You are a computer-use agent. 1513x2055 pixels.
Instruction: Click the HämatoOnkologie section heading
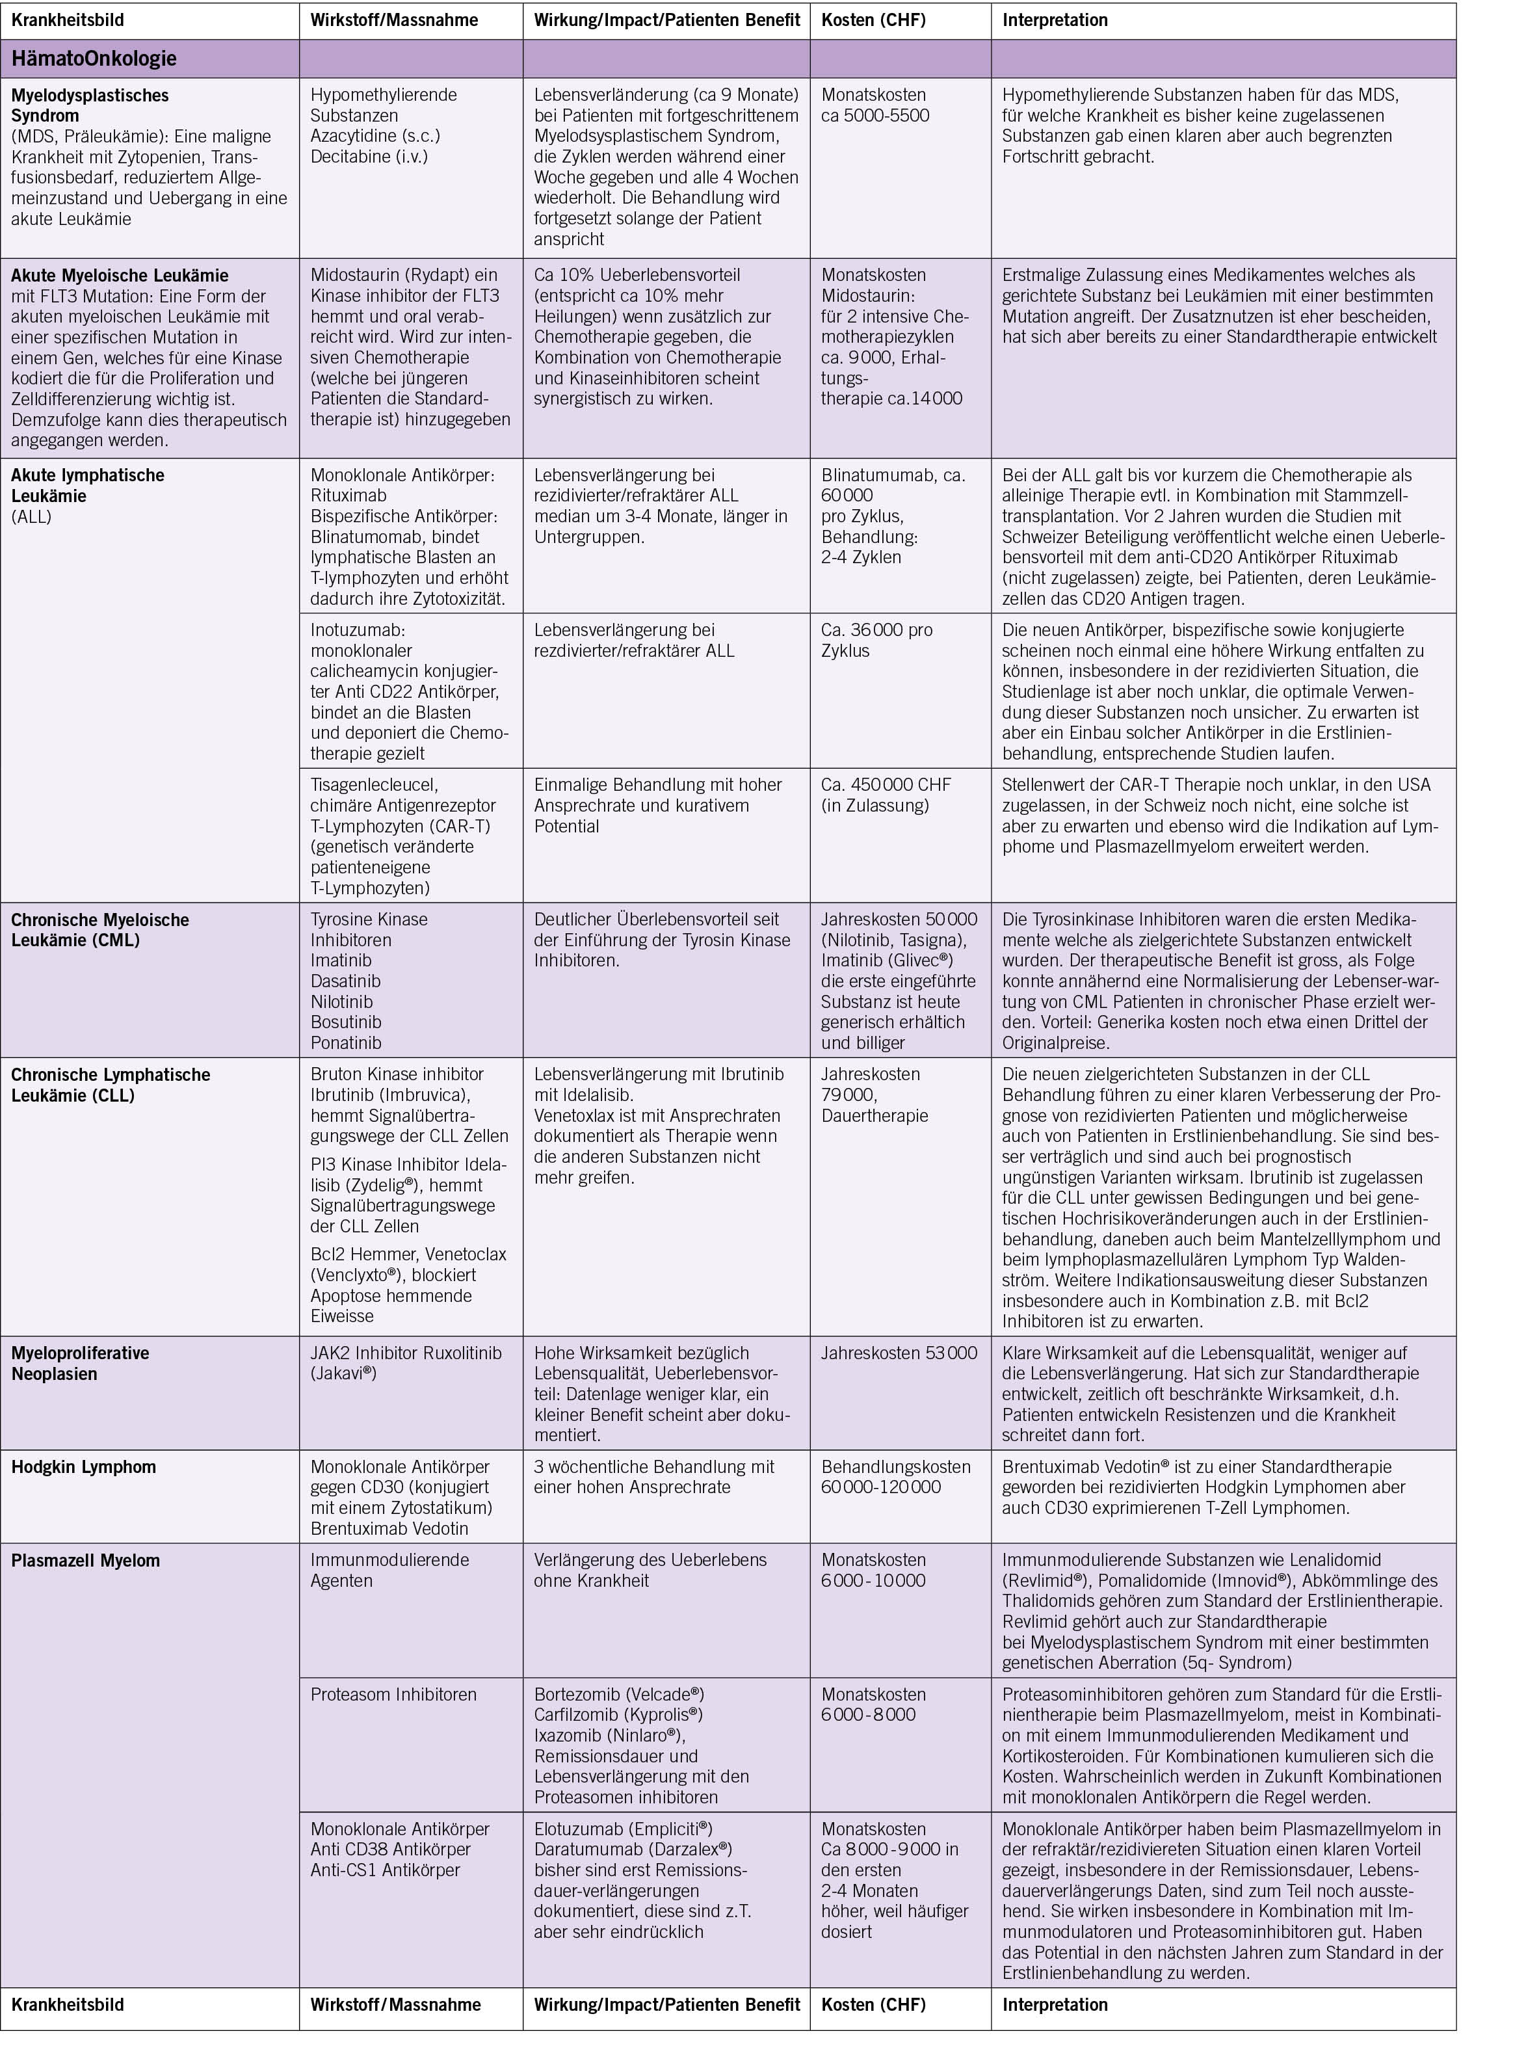[94, 59]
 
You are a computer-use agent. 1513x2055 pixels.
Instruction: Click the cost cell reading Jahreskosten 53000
[899, 1353]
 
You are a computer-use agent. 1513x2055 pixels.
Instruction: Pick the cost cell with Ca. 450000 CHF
[886, 795]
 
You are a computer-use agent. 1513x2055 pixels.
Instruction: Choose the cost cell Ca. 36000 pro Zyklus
[876, 640]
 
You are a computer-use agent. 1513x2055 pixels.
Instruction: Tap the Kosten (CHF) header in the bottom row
[873, 2004]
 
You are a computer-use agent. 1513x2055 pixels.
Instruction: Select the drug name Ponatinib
[345, 1042]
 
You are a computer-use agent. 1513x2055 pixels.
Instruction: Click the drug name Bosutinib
[345, 1022]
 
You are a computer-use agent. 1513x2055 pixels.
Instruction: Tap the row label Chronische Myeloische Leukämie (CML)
[100, 929]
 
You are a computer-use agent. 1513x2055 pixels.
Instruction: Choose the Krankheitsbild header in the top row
[67, 20]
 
